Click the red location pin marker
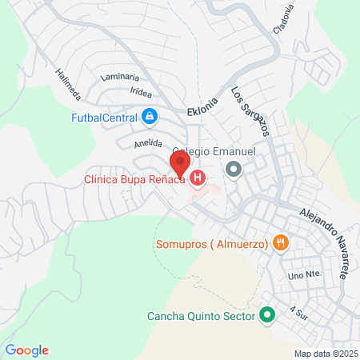coord(180,162)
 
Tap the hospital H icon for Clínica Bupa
coord(196,179)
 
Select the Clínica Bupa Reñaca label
coord(135,180)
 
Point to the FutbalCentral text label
coord(104,118)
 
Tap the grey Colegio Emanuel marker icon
coord(234,169)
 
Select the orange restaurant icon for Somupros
coord(279,243)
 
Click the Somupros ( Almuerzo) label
coord(210,243)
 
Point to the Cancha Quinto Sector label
coord(201,315)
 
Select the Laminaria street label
coord(121,78)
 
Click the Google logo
coord(27,350)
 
